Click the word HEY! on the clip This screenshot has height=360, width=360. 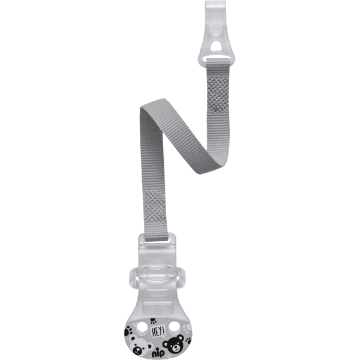pos(158,331)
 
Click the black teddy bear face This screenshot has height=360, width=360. pos(173,343)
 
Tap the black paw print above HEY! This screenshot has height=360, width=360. pos(152,320)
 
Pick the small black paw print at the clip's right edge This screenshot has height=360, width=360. pos(189,340)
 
